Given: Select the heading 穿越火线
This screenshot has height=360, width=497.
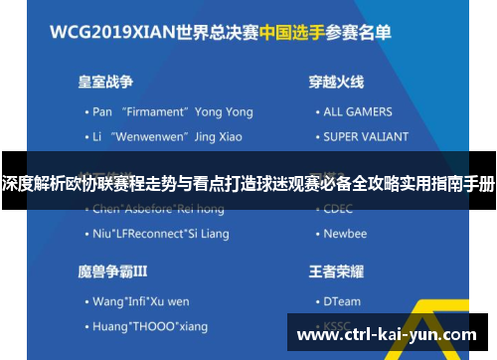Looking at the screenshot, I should point(335,81).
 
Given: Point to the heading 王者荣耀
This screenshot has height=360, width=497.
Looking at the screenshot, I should point(335,270).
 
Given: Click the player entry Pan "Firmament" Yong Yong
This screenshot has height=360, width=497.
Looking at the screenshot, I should point(166,111).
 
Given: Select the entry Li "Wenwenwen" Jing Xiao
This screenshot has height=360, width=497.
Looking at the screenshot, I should point(166,134).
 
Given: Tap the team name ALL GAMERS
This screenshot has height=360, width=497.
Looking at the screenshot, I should point(358,111).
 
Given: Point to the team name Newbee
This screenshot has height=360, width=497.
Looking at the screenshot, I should point(345,235).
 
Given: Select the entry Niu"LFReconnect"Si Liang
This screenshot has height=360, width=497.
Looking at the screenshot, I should point(160,235).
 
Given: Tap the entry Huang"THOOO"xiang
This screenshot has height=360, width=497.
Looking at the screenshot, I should point(150,325).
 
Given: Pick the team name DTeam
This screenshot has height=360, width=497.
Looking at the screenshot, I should point(343,300).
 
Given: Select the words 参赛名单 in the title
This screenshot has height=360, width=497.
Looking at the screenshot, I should point(367,29).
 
